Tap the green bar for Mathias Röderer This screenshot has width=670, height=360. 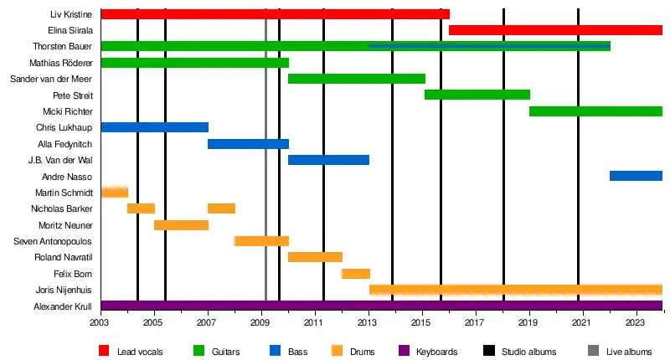tap(194, 63)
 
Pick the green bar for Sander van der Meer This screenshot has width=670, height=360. tap(357, 79)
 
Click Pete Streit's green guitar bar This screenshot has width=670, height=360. tap(477, 95)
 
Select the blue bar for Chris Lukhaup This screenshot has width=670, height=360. tap(154, 127)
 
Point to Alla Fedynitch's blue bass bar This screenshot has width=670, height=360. tap(248, 144)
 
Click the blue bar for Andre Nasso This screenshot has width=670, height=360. tap(636, 176)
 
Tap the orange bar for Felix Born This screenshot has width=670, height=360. tap(356, 274)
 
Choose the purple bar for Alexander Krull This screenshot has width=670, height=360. tap(381, 306)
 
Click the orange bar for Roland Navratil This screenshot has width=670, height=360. tap(315, 257)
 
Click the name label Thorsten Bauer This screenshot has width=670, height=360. tap(62, 46)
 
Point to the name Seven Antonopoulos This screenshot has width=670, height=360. tap(54, 241)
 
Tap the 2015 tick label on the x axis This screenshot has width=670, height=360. tap(421, 322)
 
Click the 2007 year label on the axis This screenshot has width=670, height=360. tap(207, 322)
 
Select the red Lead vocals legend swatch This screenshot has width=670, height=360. tap(104, 351)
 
